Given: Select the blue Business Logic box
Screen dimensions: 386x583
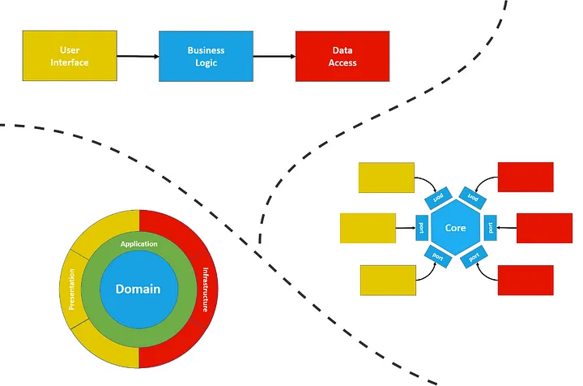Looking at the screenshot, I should [x=206, y=56].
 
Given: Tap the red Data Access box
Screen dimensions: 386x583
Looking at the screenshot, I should [x=343, y=56].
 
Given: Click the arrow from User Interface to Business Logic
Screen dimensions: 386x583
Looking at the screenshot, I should [x=138, y=57].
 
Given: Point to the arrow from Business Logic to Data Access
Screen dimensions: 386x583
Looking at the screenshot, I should [x=274, y=57].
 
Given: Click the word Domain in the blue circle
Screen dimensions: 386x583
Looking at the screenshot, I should [x=138, y=289].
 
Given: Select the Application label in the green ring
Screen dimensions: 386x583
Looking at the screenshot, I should [x=138, y=243].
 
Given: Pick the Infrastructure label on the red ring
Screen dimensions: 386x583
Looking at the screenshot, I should [x=206, y=289].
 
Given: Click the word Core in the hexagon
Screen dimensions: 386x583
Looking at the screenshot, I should [x=456, y=229].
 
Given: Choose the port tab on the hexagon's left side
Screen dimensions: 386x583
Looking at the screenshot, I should [x=421, y=229].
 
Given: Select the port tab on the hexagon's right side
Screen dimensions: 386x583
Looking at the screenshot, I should [x=491, y=229].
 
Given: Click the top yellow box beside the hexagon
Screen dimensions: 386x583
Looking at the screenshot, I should [x=385, y=178].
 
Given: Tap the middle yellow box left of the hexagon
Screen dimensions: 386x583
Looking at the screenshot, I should [x=368, y=228].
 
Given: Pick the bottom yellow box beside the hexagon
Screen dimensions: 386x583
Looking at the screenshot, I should [x=387, y=280].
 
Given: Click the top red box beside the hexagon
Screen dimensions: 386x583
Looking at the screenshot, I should [x=526, y=178].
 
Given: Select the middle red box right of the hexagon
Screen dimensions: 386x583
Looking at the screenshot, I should [x=544, y=228].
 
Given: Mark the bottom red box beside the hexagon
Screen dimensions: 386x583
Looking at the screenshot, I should [x=526, y=280].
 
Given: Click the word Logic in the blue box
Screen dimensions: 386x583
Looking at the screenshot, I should [x=206, y=62].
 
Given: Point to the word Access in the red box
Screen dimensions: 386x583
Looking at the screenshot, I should [x=343, y=62].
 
